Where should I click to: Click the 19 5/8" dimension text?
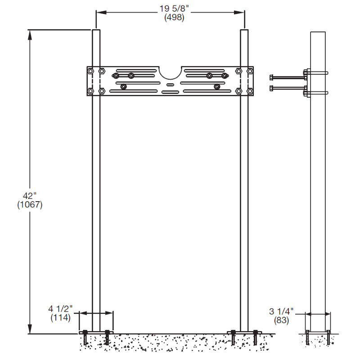point(171,8)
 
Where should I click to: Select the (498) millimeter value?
point(171,17)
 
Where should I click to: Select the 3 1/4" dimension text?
point(281,311)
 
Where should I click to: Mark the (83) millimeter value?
point(281,320)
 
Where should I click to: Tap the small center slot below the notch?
point(170,84)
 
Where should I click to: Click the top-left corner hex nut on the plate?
point(91,71)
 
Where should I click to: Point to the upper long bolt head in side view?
point(271,77)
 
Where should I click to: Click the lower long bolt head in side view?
point(271,88)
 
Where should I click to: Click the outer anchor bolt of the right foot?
point(256,337)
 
